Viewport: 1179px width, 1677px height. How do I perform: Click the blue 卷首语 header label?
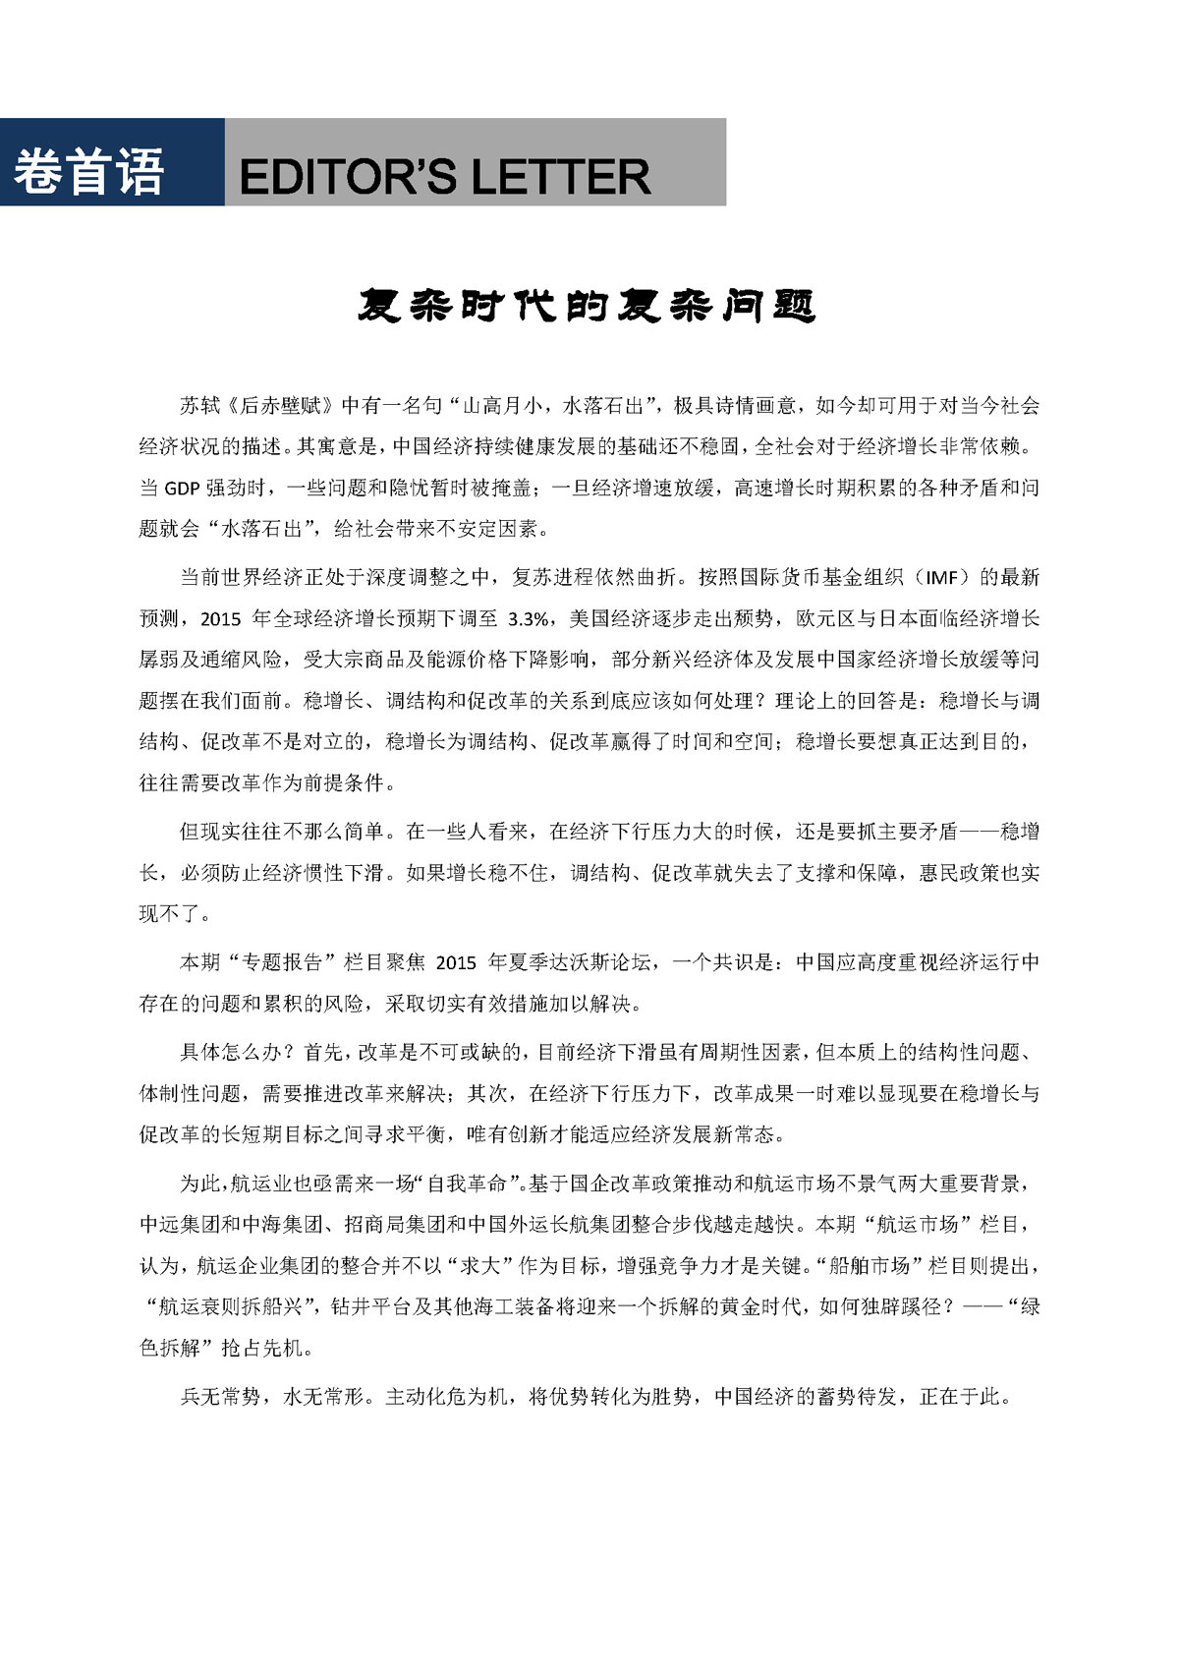click(88, 172)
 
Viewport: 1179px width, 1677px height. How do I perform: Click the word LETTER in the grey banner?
click(561, 178)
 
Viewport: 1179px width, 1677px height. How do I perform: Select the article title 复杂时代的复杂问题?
click(587, 307)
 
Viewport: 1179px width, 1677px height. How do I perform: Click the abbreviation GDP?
click(182, 489)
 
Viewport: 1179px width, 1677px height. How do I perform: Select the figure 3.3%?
click(532, 618)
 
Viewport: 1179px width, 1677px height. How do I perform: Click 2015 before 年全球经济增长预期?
click(220, 618)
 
